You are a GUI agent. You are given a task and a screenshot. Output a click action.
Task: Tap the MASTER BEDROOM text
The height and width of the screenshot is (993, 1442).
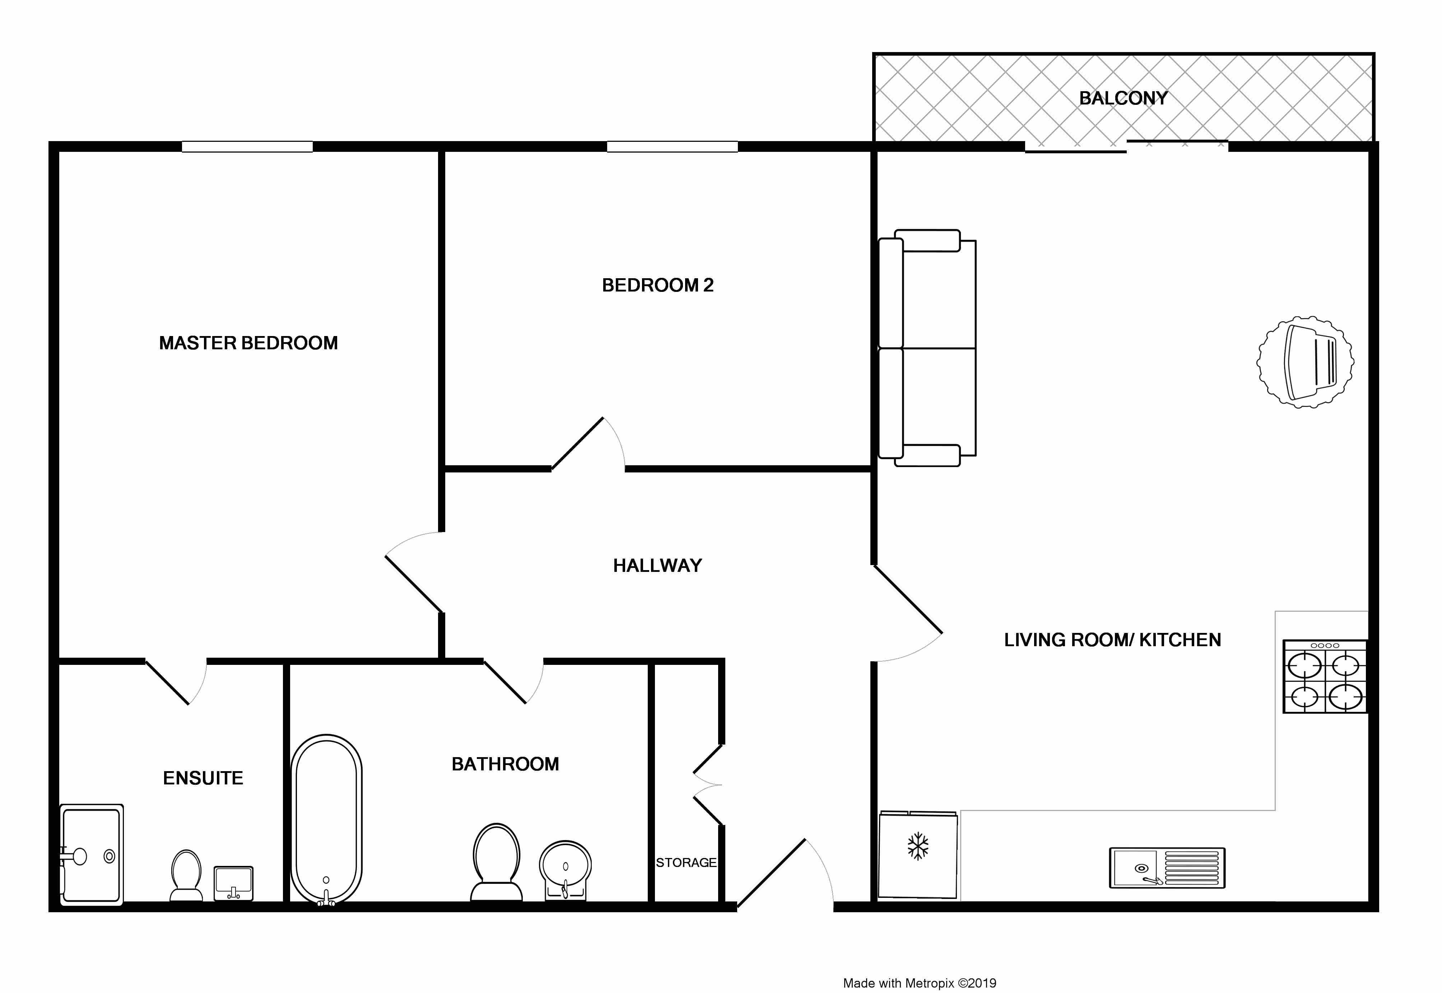(x=248, y=343)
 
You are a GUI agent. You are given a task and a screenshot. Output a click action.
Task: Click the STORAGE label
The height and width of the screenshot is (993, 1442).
(x=686, y=862)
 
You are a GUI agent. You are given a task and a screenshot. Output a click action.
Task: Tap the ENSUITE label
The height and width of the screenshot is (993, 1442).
(x=203, y=778)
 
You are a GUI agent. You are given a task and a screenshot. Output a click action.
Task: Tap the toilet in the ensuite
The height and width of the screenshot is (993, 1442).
(x=186, y=875)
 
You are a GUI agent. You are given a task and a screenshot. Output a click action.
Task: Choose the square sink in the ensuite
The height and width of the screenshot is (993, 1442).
(x=233, y=883)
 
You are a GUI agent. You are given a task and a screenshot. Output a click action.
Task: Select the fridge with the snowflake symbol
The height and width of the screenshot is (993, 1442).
(x=917, y=854)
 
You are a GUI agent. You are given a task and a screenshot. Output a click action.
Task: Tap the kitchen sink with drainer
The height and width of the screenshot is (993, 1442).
(x=1167, y=867)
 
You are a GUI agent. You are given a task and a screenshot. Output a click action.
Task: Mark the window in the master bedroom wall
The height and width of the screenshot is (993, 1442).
(x=247, y=147)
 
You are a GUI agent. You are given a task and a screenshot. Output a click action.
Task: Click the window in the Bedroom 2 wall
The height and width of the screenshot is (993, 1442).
(x=672, y=147)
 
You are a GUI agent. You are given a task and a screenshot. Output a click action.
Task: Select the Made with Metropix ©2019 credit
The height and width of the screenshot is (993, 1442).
(x=919, y=983)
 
